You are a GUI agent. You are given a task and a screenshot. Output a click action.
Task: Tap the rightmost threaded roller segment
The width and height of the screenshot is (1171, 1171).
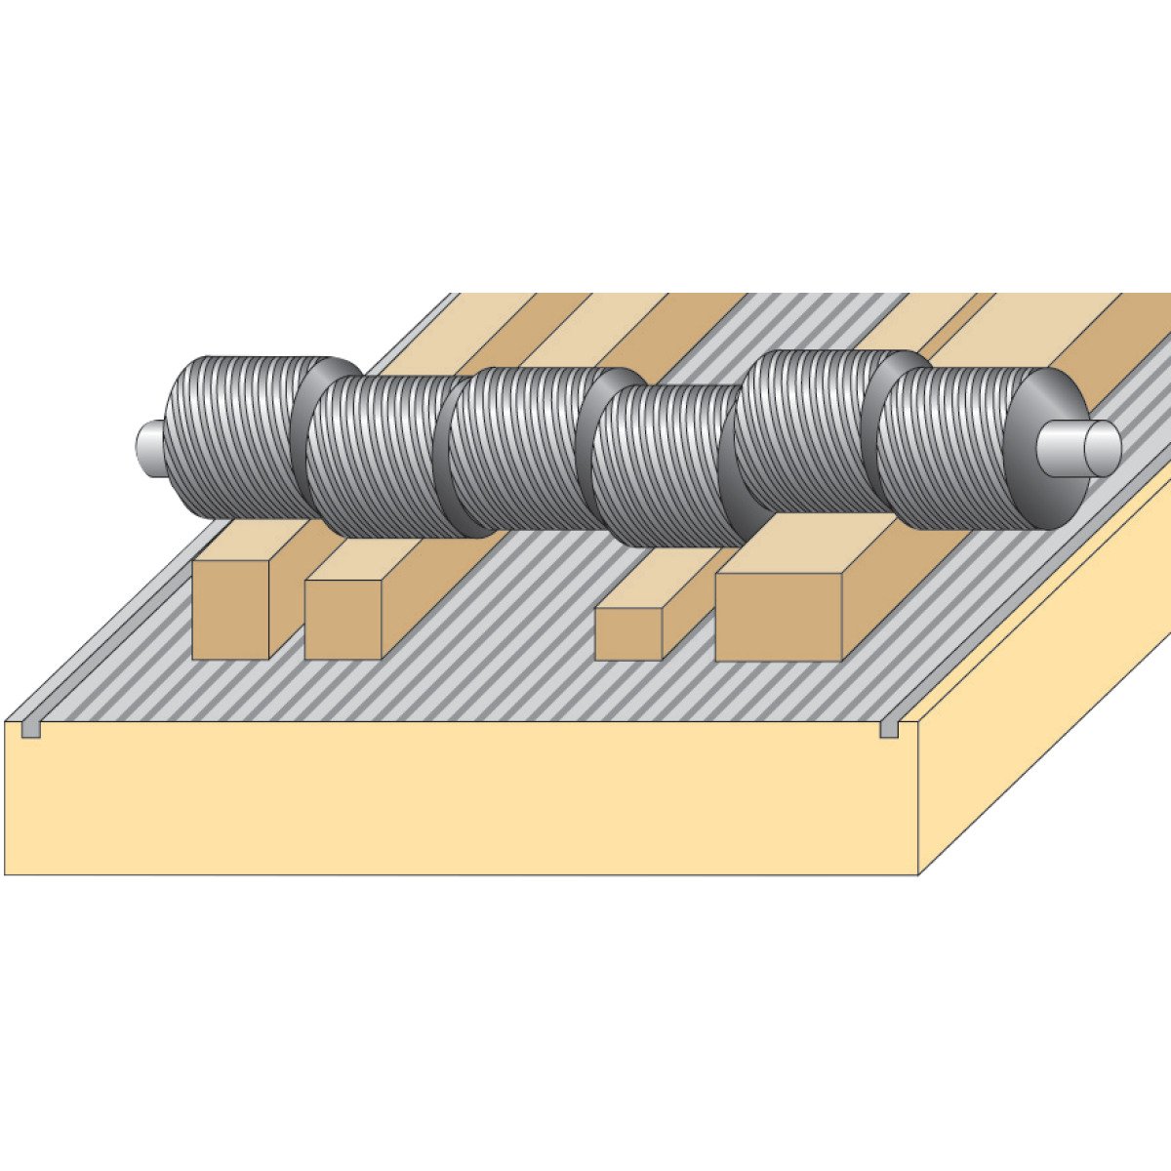click(x=951, y=449)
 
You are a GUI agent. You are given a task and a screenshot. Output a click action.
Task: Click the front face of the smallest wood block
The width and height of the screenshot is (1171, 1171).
click(x=628, y=634)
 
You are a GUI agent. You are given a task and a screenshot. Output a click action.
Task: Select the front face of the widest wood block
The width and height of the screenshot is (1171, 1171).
click(x=777, y=617)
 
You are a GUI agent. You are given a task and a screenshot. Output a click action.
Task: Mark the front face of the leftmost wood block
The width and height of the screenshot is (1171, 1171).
click(x=230, y=609)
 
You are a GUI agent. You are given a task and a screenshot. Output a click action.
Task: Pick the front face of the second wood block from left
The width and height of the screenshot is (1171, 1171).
click(x=343, y=620)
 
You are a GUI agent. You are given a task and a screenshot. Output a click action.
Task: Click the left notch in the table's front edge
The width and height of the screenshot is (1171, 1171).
click(x=31, y=729)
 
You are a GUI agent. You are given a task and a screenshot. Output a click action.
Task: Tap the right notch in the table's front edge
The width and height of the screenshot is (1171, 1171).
click(x=890, y=729)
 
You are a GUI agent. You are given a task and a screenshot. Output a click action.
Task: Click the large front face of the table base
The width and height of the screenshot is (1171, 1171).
click(x=459, y=800)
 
